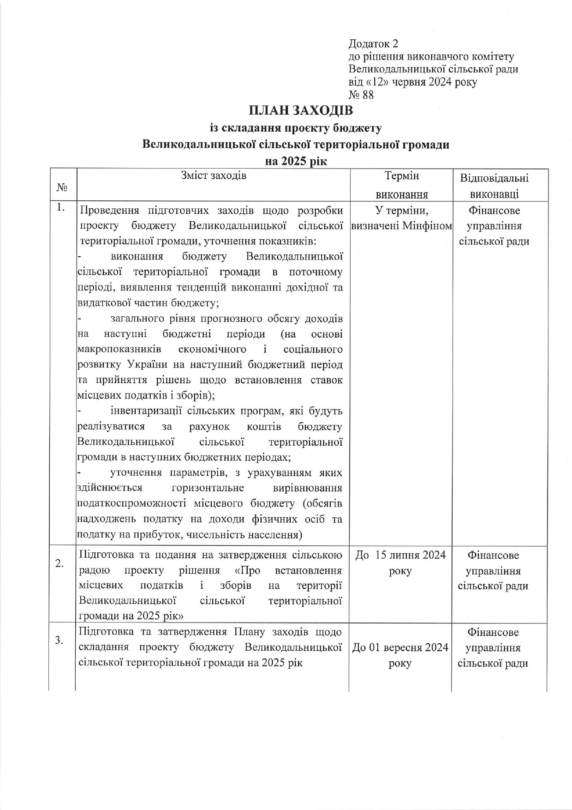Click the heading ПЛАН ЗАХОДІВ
tap(300, 111)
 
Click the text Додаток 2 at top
tap(373, 44)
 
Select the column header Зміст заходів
tap(214, 175)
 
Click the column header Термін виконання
tap(401, 185)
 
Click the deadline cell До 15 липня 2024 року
tap(400, 563)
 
